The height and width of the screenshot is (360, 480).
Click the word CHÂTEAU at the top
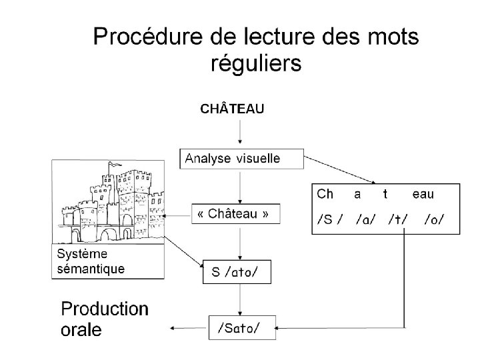[233, 109]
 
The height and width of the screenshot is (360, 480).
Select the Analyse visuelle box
[241, 159]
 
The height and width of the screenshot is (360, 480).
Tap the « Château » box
[235, 214]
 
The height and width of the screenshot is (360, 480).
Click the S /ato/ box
[237, 271]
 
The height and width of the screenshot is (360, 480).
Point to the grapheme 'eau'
[423, 194]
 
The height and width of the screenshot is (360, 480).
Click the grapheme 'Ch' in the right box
[325, 194]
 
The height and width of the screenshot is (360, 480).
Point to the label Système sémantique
[91, 261]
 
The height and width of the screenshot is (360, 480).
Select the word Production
[105, 309]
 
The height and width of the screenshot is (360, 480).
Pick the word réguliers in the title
[256, 63]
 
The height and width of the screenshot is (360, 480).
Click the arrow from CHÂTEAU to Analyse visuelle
[240, 133]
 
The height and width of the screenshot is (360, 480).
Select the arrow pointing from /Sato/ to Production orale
[190, 328]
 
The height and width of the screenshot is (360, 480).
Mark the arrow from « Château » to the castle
[179, 215]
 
